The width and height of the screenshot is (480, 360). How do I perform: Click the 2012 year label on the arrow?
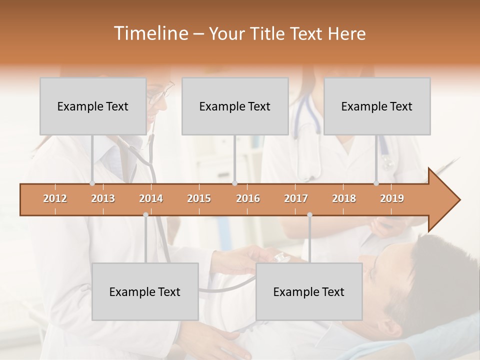point(55,198)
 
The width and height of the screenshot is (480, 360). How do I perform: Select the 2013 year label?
point(103,198)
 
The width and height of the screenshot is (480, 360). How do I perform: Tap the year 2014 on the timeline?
point(151,198)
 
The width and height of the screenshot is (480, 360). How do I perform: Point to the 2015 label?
point(199,198)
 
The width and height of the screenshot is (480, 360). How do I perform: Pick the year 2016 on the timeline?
point(248,198)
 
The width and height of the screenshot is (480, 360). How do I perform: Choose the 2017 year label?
point(296,198)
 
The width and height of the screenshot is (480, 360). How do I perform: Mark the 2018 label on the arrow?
point(344,198)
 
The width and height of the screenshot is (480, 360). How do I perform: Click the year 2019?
point(392,198)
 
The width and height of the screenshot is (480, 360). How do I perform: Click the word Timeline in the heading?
point(150,33)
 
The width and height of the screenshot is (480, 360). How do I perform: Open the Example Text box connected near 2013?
point(93,106)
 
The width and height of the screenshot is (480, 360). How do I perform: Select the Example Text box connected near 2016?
point(235,106)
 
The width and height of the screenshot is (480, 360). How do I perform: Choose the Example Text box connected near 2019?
point(377,106)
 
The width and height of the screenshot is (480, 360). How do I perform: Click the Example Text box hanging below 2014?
point(145,291)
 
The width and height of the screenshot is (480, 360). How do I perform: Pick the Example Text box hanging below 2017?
point(309,291)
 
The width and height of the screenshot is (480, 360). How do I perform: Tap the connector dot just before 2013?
point(92,183)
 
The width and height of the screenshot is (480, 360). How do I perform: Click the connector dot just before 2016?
point(235,183)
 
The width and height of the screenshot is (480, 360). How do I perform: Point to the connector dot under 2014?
point(145,215)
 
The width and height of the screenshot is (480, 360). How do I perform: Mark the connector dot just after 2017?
point(309,215)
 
